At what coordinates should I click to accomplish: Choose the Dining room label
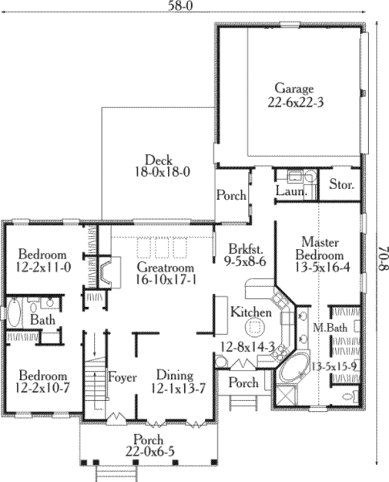pyautogui.click(x=174, y=375)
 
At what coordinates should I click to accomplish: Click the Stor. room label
pyautogui.click(x=342, y=185)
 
